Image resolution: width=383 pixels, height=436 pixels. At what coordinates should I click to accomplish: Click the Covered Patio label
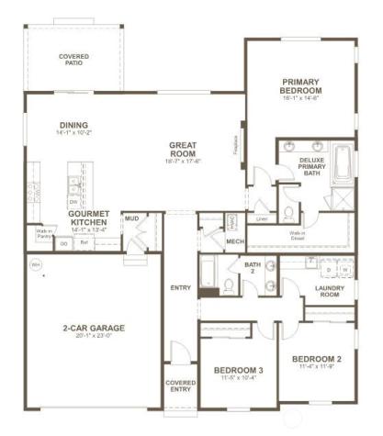click(x=74, y=60)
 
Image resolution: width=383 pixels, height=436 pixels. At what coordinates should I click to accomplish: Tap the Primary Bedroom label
click(x=301, y=86)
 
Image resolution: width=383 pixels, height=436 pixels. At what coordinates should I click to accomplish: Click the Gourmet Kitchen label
click(x=88, y=218)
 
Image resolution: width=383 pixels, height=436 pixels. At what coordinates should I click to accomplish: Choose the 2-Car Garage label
click(x=93, y=328)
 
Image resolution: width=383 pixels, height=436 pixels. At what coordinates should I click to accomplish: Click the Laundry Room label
click(x=328, y=292)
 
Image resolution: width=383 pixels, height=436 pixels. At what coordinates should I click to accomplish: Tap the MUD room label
click(x=131, y=218)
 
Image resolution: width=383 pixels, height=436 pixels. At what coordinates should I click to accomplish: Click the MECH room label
click(x=235, y=241)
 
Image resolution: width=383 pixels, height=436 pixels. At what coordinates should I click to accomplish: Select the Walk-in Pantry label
click(x=42, y=234)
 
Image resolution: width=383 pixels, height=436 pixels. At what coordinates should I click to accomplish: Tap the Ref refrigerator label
click(x=84, y=241)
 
